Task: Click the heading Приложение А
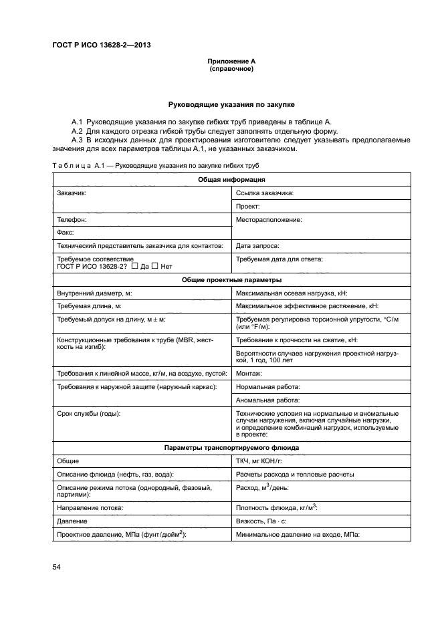coord(231,61)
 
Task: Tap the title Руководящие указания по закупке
coord(231,105)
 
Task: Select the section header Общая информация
coord(231,180)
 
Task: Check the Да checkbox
coord(135,266)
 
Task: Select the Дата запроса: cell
coord(258,246)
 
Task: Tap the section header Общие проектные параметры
coord(231,279)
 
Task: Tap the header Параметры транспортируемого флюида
coord(231,447)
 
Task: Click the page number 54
coord(56,568)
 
